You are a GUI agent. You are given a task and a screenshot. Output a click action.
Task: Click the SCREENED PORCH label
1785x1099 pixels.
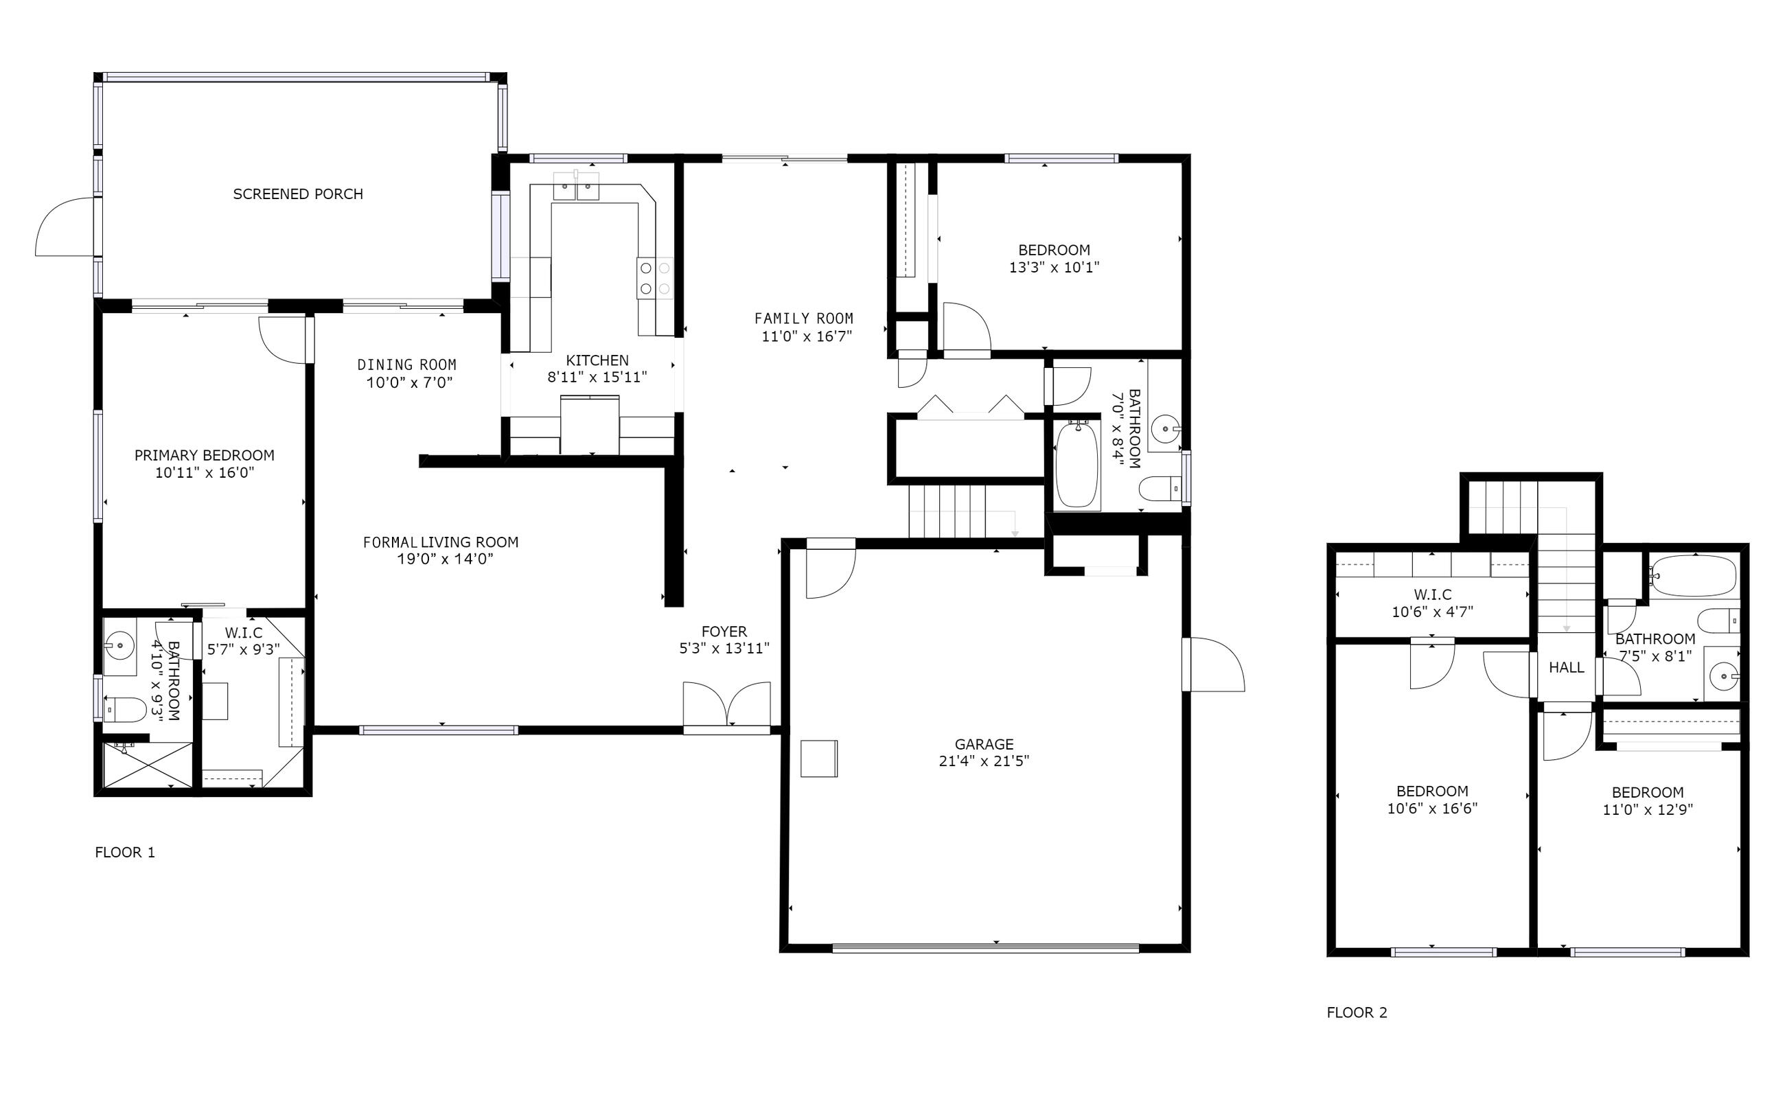click(x=298, y=194)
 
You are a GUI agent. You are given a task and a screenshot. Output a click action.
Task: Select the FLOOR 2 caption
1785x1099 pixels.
click(x=1357, y=1013)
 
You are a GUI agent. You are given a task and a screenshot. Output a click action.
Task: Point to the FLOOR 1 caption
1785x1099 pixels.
click(x=125, y=852)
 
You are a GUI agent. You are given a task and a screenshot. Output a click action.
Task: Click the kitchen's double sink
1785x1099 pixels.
click(x=576, y=186)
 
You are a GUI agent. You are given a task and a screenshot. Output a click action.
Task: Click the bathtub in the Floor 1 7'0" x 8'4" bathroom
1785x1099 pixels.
click(x=1077, y=465)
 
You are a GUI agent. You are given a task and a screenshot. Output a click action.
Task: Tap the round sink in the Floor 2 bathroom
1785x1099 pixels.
click(x=1723, y=678)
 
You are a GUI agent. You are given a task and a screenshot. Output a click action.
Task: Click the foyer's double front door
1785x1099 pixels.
click(x=727, y=704)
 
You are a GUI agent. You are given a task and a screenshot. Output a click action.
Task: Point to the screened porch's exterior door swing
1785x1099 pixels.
click(x=65, y=226)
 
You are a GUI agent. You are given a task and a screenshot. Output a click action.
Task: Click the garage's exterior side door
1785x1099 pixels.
click(x=1213, y=664)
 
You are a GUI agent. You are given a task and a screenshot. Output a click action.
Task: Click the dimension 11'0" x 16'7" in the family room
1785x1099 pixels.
click(x=806, y=336)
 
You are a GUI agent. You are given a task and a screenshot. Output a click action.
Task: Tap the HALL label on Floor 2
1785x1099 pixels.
click(x=1566, y=667)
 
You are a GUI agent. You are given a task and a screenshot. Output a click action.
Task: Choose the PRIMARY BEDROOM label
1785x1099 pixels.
click(x=204, y=455)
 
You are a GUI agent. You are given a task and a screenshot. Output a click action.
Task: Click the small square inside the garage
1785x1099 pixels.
click(x=819, y=759)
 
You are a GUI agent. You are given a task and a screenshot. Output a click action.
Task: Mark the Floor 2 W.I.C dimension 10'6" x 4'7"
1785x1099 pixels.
click(x=1433, y=612)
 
